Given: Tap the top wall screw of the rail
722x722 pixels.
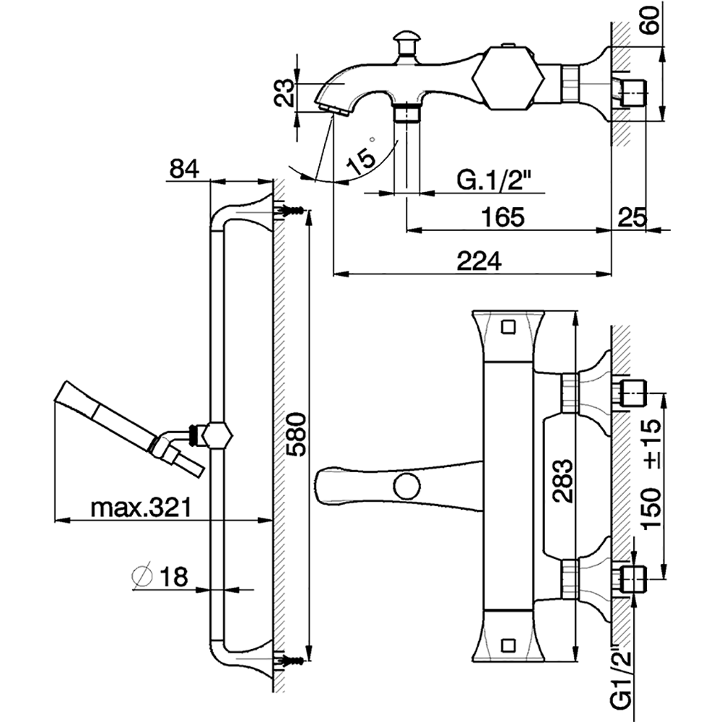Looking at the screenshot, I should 292,210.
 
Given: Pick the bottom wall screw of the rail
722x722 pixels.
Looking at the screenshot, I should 292,658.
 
